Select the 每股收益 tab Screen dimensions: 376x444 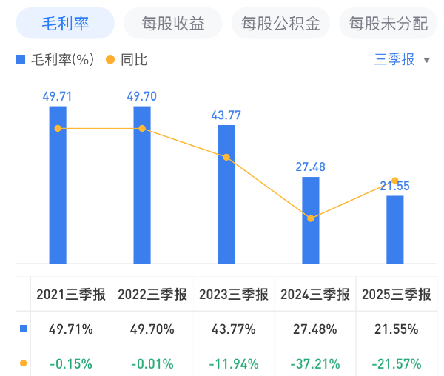[173, 24]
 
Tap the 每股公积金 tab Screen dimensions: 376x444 [280, 24]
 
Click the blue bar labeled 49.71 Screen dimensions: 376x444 [58, 185]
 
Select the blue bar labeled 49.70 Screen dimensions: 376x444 [142, 185]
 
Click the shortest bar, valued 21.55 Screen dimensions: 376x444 [395, 229]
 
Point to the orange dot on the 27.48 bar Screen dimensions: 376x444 [311, 218]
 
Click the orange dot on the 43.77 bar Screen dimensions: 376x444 [226, 157]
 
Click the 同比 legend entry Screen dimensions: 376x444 [127, 60]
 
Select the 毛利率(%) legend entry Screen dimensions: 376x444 [56, 60]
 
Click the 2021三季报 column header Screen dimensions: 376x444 [71, 294]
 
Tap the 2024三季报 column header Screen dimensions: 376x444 [314, 294]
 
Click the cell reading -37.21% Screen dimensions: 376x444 [315, 363]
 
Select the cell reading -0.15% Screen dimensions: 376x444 [72, 363]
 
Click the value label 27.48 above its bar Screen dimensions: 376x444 [311, 167]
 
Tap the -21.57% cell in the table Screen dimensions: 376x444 [397, 363]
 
